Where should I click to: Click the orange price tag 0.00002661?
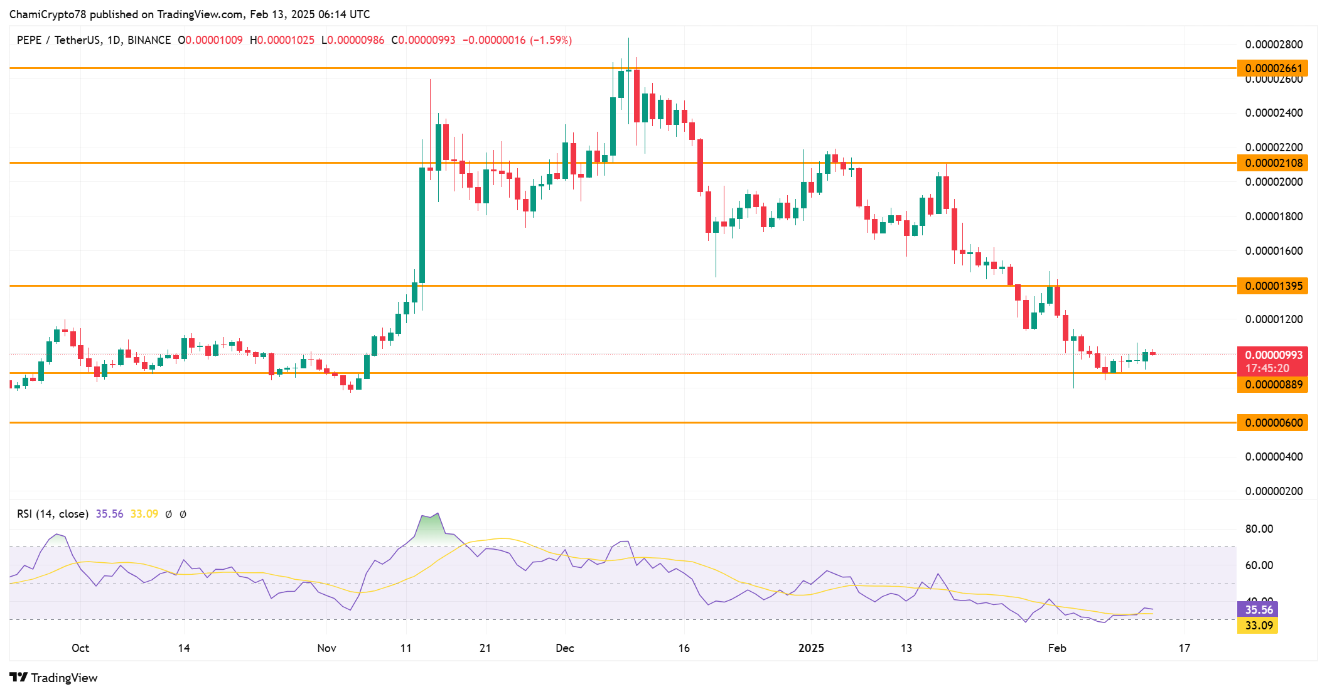pyautogui.click(x=1273, y=68)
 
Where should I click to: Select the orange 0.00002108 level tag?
pyautogui.click(x=1273, y=163)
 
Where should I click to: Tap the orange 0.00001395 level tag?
pyautogui.click(x=1273, y=286)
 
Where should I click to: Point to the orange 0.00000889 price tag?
pyautogui.click(x=1273, y=385)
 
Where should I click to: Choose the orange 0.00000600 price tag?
pyautogui.click(x=1273, y=423)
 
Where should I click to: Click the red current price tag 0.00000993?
pyautogui.click(x=1273, y=355)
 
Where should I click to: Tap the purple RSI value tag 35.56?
pyautogui.click(x=1258, y=610)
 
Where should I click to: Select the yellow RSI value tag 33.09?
pyautogui.click(x=1258, y=626)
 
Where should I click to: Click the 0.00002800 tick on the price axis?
pyautogui.click(x=1274, y=45)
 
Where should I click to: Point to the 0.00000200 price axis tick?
pyautogui.click(x=1274, y=491)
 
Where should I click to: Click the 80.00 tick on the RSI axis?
pyautogui.click(x=1259, y=529)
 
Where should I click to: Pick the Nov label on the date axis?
pyautogui.click(x=326, y=648)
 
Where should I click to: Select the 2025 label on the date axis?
pyautogui.click(x=811, y=648)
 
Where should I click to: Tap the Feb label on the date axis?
pyautogui.click(x=1057, y=648)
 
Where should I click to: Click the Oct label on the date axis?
pyautogui.click(x=80, y=648)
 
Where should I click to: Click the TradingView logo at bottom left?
pyautogui.click(x=54, y=678)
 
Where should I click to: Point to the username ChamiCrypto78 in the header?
pyautogui.click(x=48, y=14)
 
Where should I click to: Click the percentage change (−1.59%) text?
pyautogui.click(x=551, y=40)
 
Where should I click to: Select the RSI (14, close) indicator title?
pyautogui.click(x=53, y=514)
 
